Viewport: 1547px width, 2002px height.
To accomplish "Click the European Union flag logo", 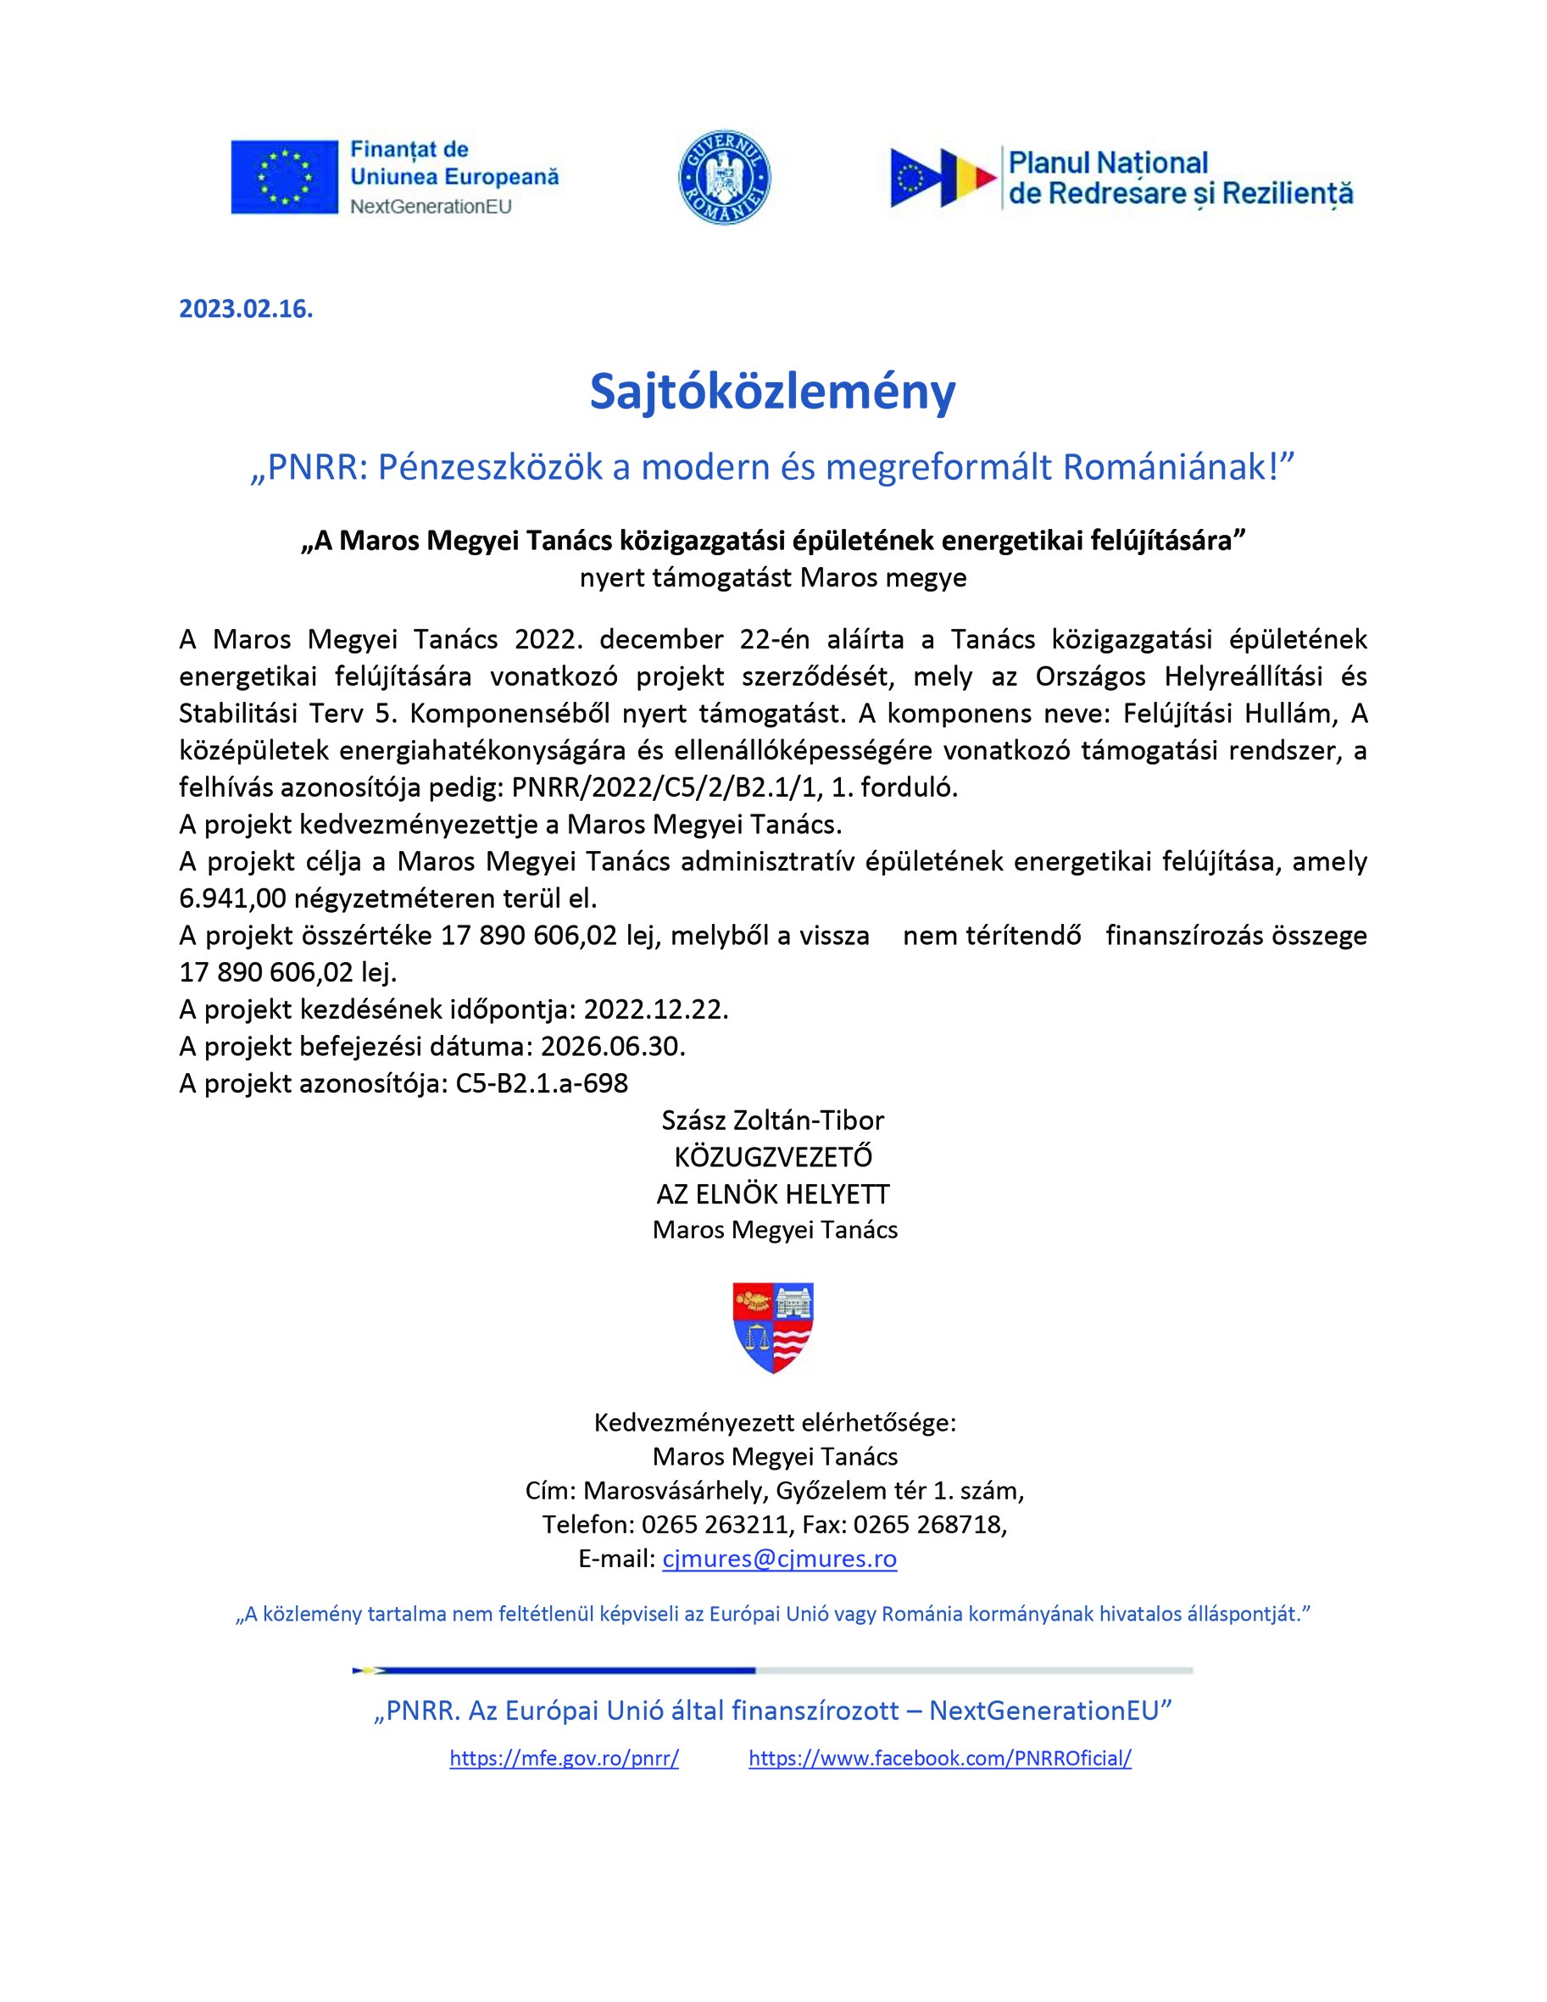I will pos(284,177).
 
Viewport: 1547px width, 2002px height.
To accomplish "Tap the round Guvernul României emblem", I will pos(725,178).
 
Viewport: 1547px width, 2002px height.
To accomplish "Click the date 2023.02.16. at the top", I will pos(246,309).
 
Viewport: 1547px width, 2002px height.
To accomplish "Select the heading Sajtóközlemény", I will pos(772,392).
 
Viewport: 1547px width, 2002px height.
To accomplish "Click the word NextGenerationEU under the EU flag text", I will pos(430,206).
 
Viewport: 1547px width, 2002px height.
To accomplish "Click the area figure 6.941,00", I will pos(232,898).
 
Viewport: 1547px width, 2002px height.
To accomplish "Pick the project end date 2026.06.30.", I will pos(613,1046).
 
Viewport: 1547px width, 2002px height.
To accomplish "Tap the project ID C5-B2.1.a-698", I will pos(541,1083).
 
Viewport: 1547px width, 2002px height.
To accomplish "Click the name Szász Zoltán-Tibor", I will pos(772,1121).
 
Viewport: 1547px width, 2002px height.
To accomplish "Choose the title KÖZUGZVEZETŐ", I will pos(772,1157).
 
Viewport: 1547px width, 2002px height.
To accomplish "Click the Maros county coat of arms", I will pos(773,1326).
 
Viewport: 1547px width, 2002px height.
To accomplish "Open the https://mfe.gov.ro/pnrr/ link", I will pos(564,1758).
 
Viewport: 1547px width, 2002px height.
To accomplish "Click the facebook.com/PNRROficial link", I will pos(940,1758).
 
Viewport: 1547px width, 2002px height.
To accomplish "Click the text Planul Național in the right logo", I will pos(1108,164).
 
